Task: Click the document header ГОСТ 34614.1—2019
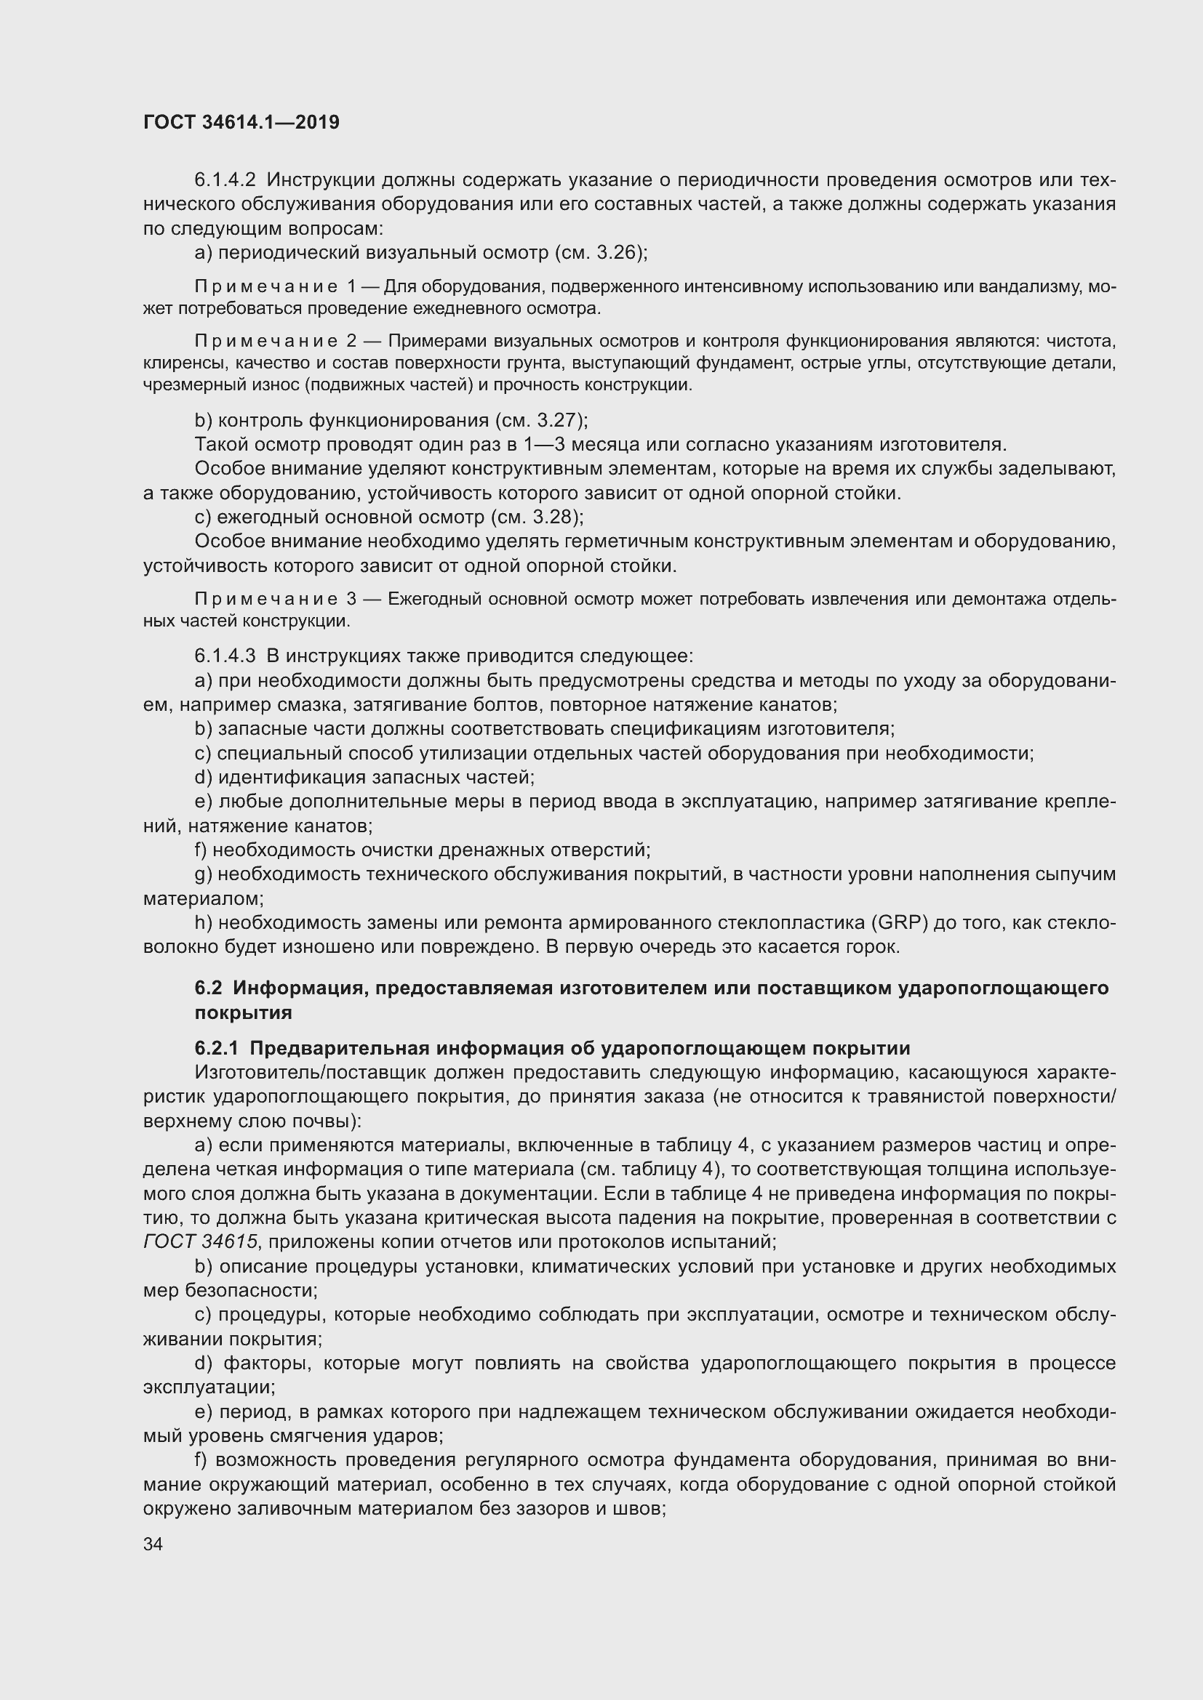click(x=241, y=122)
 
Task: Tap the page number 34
click(x=153, y=1543)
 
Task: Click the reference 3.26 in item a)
click(x=616, y=252)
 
